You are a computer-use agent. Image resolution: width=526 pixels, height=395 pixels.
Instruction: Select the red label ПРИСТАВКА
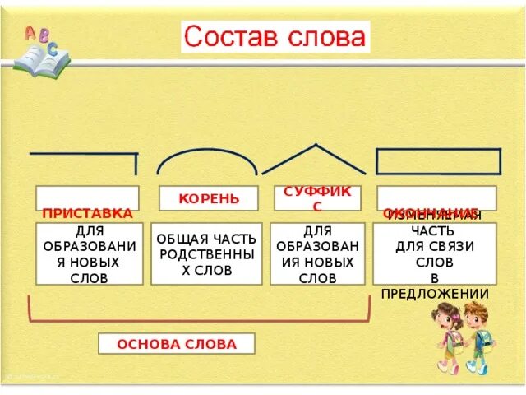[87, 213]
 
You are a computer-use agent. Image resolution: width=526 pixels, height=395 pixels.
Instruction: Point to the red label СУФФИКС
[317, 197]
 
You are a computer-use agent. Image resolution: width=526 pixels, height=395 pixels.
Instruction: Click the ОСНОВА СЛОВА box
[176, 344]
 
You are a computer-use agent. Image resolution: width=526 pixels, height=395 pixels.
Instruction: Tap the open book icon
[41, 62]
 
